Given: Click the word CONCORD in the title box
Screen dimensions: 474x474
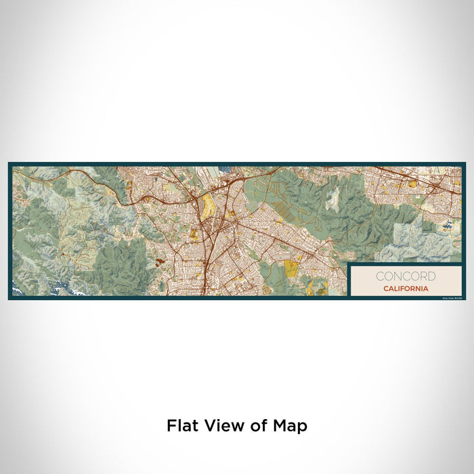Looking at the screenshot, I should tap(406, 276).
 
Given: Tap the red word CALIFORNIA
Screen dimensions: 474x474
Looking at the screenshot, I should tap(405, 288).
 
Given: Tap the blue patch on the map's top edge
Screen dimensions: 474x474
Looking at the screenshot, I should tap(223, 168).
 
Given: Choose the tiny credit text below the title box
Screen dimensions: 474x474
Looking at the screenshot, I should tap(452, 297).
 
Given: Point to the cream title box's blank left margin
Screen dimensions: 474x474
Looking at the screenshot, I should tap(359, 281).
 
